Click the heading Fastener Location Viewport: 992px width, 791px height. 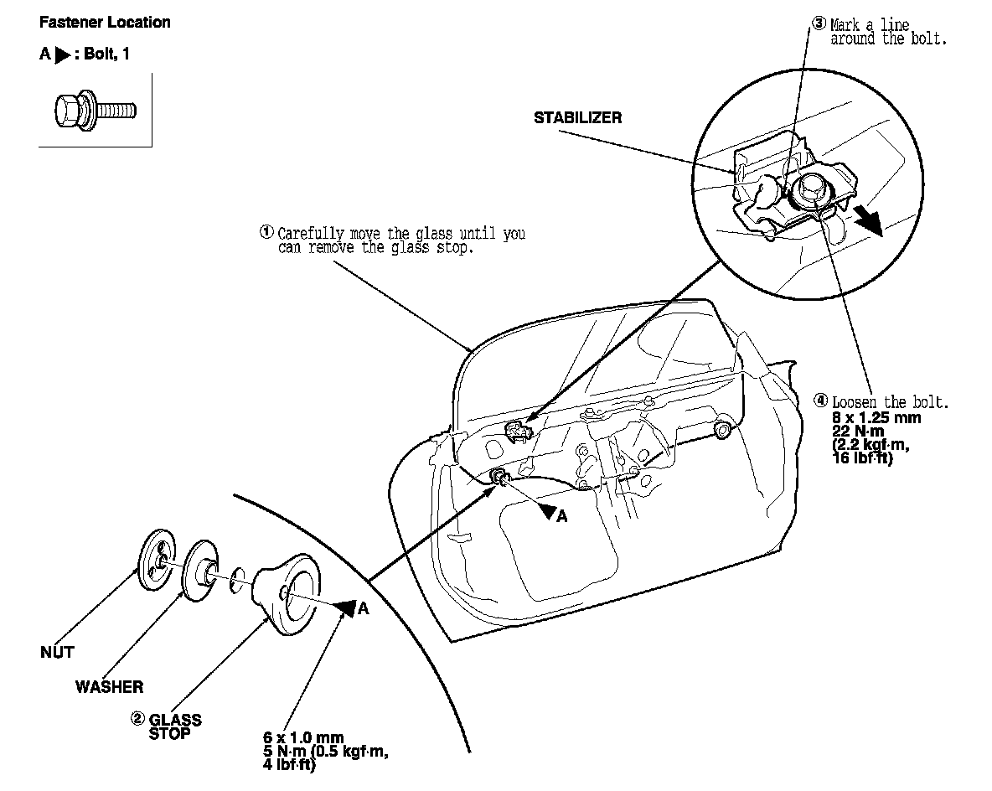click(x=105, y=23)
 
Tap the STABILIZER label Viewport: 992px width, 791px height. click(x=578, y=118)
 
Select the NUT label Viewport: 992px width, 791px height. click(x=57, y=653)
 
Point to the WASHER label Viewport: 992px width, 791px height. click(x=109, y=687)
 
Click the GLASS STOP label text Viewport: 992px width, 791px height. click(x=175, y=726)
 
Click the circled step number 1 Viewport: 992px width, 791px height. click(x=266, y=232)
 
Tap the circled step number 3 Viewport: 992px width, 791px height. click(x=819, y=24)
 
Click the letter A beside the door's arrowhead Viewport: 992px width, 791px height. click(x=562, y=517)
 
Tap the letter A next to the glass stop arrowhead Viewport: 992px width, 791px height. click(x=363, y=609)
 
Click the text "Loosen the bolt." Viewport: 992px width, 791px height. click(x=890, y=402)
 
